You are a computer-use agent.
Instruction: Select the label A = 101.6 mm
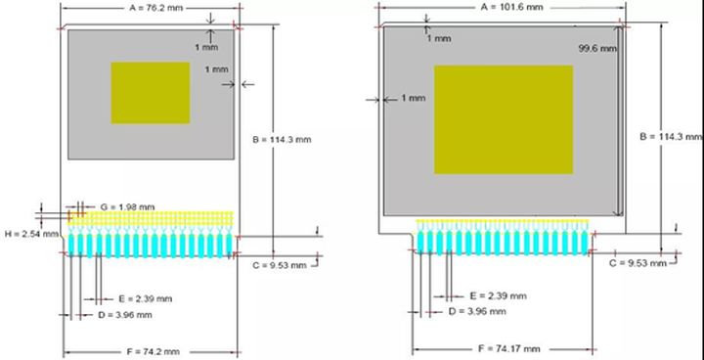coord(511,7)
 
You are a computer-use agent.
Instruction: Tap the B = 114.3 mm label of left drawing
coord(282,139)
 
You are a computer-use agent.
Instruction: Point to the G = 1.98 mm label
coord(127,207)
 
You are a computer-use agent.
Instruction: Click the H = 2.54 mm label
coord(32,234)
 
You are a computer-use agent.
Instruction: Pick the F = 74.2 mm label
coord(153,351)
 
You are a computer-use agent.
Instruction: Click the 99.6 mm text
coord(598,48)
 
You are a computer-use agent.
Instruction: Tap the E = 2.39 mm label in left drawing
coord(146,299)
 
